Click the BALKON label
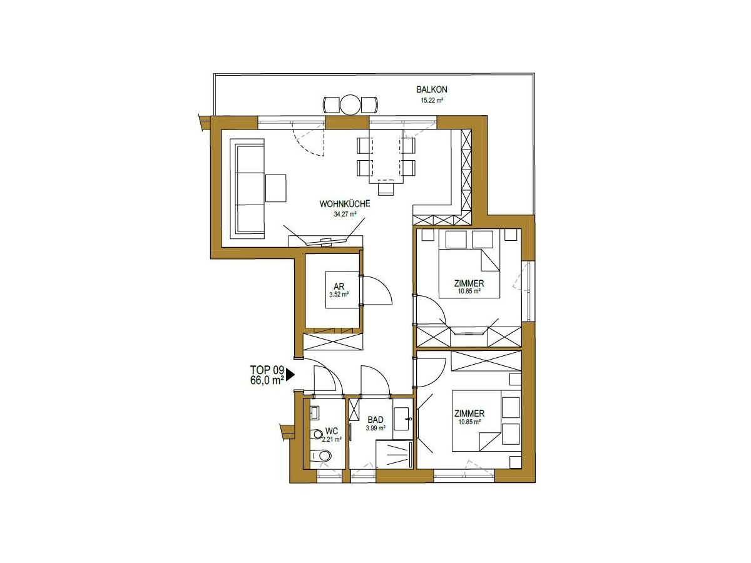tap(431, 89)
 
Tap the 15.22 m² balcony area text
tap(432, 101)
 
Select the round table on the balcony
tap(350, 104)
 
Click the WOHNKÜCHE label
tap(345, 204)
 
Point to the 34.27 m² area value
tap(345, 215)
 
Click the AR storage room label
tap(339, 287)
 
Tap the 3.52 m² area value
tap(339, 294)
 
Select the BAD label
tap(375, 420)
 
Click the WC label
tap(332, 432)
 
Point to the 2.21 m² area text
tap(332, 440)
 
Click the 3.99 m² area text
tap(375, 428)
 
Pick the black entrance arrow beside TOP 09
tap(290, 374)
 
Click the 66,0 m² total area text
tap(267, 380)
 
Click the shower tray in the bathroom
tap(394, 454)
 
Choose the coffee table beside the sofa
tap(275, 188)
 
